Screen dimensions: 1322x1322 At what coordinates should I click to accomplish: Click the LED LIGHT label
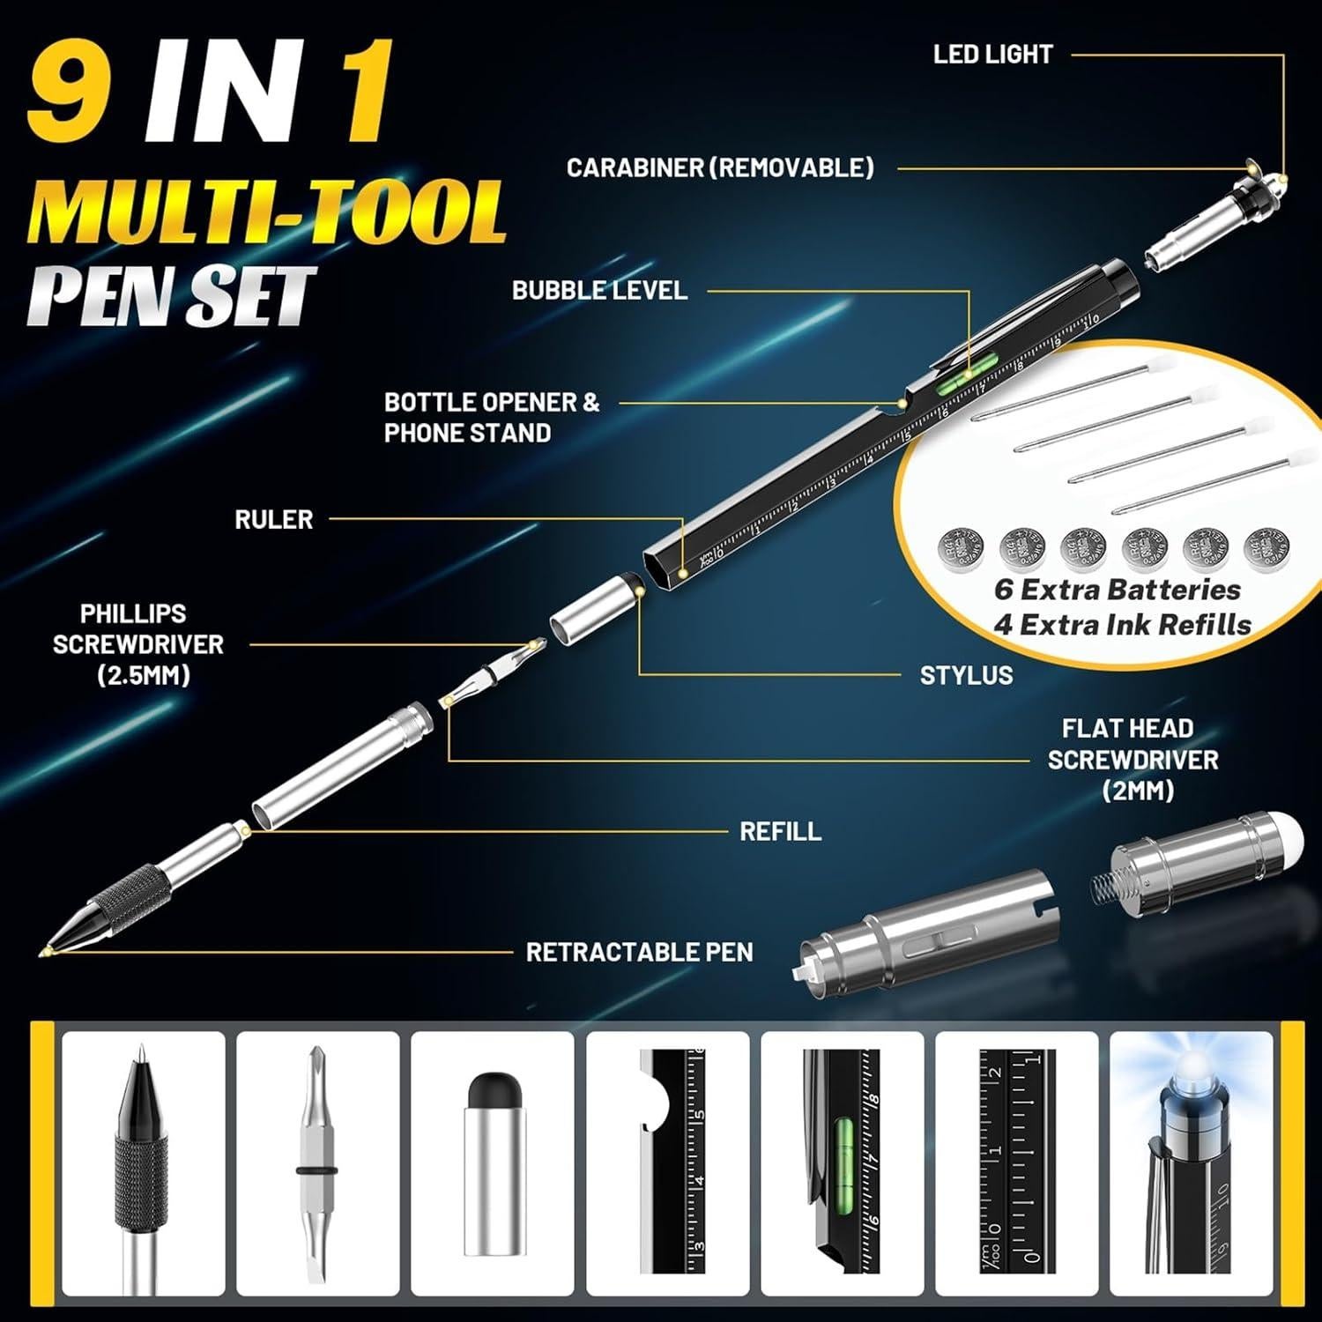pos(992,55)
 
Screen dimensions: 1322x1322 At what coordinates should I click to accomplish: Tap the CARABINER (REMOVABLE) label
pos(720,167)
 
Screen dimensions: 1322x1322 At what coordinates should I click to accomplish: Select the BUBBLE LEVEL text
pos(599,290)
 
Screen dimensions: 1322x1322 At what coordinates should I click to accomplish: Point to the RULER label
pos(273,519)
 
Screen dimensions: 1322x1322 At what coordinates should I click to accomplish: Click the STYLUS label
pos(966,675)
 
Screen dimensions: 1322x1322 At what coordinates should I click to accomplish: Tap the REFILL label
pos(780,830)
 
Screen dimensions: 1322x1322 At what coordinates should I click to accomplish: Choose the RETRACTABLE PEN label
pos(639,952)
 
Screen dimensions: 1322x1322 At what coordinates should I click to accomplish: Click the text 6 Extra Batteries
pos(1117,589)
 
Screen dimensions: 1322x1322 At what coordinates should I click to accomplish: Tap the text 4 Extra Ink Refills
pos(1122,625)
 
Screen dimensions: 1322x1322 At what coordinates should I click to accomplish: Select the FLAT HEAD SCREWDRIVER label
pos(1133,759)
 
